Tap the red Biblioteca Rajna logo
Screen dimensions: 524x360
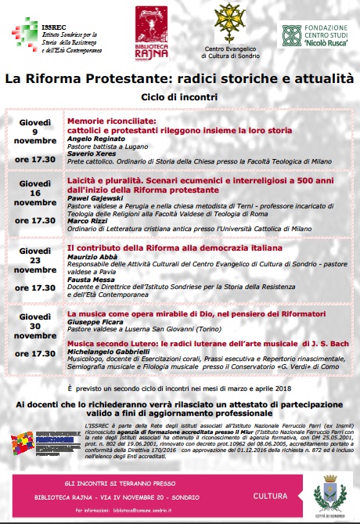click(152, 31)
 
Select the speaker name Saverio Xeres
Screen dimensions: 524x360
click(89, 154)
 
